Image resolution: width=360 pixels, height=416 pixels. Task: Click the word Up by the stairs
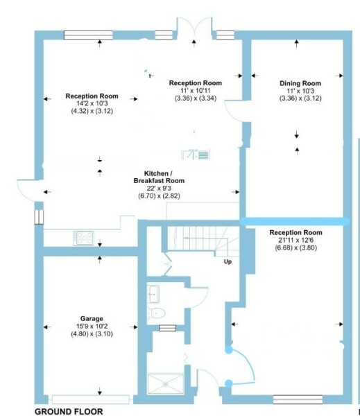228,261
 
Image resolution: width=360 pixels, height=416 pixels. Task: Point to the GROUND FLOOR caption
68,411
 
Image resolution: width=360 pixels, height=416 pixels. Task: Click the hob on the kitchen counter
84,237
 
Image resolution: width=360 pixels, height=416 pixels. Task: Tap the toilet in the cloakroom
159,313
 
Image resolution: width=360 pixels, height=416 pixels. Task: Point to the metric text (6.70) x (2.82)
161,196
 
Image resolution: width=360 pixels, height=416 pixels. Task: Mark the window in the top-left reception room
87,33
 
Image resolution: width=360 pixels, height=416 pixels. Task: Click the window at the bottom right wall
298,399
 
